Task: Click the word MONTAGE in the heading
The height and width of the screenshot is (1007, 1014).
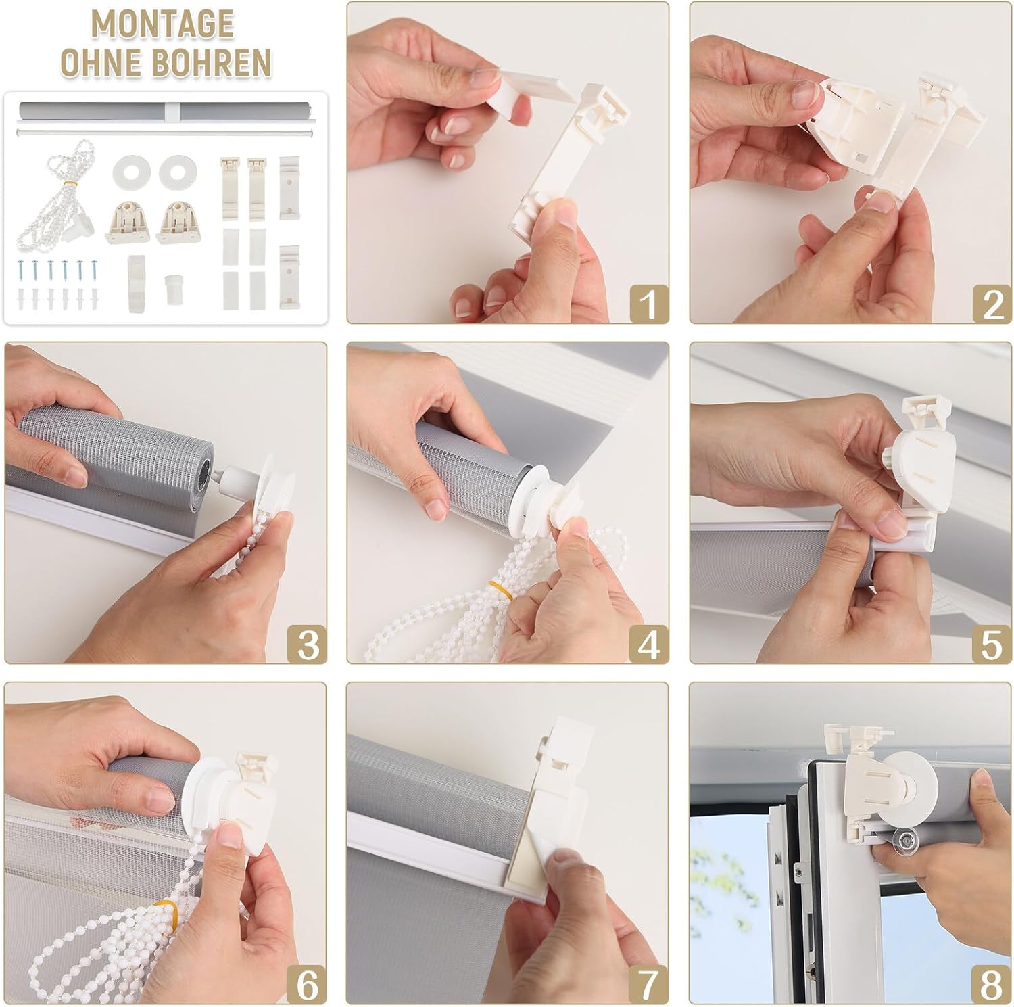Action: pos(163,24)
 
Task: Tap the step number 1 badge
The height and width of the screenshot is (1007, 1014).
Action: pos(648,304)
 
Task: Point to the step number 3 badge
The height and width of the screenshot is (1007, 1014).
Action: pos(307,644)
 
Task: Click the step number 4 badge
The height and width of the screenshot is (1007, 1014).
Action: pos(648,644)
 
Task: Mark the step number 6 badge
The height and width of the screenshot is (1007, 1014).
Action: pos(307,985)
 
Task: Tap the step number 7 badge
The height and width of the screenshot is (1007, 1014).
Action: pos(648,985)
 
